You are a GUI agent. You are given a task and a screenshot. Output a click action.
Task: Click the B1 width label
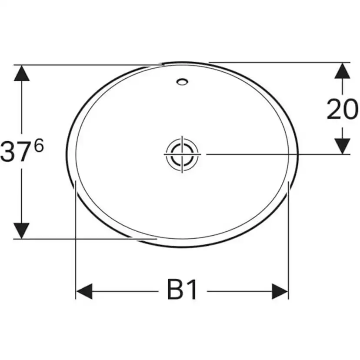(x=182, y=290)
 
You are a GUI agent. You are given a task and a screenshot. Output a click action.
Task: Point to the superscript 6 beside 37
(x=39, y=146)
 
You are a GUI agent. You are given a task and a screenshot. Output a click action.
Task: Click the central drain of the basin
(x=181, y=154)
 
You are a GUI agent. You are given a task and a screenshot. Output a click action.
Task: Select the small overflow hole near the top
(x=182, y=81)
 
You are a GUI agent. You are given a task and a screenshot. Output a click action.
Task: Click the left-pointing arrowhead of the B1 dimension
(x=84, y=291)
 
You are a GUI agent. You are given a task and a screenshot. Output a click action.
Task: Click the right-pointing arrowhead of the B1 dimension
(x=280, y=291)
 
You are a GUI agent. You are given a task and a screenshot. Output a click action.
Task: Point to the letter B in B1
(x=175, y=290)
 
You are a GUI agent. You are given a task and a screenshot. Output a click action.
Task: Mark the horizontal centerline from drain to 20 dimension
(x=270, y=154)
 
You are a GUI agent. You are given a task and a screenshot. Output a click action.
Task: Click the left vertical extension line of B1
(x=76, y=239)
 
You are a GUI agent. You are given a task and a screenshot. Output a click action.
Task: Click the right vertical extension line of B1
(x=288, y=239)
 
